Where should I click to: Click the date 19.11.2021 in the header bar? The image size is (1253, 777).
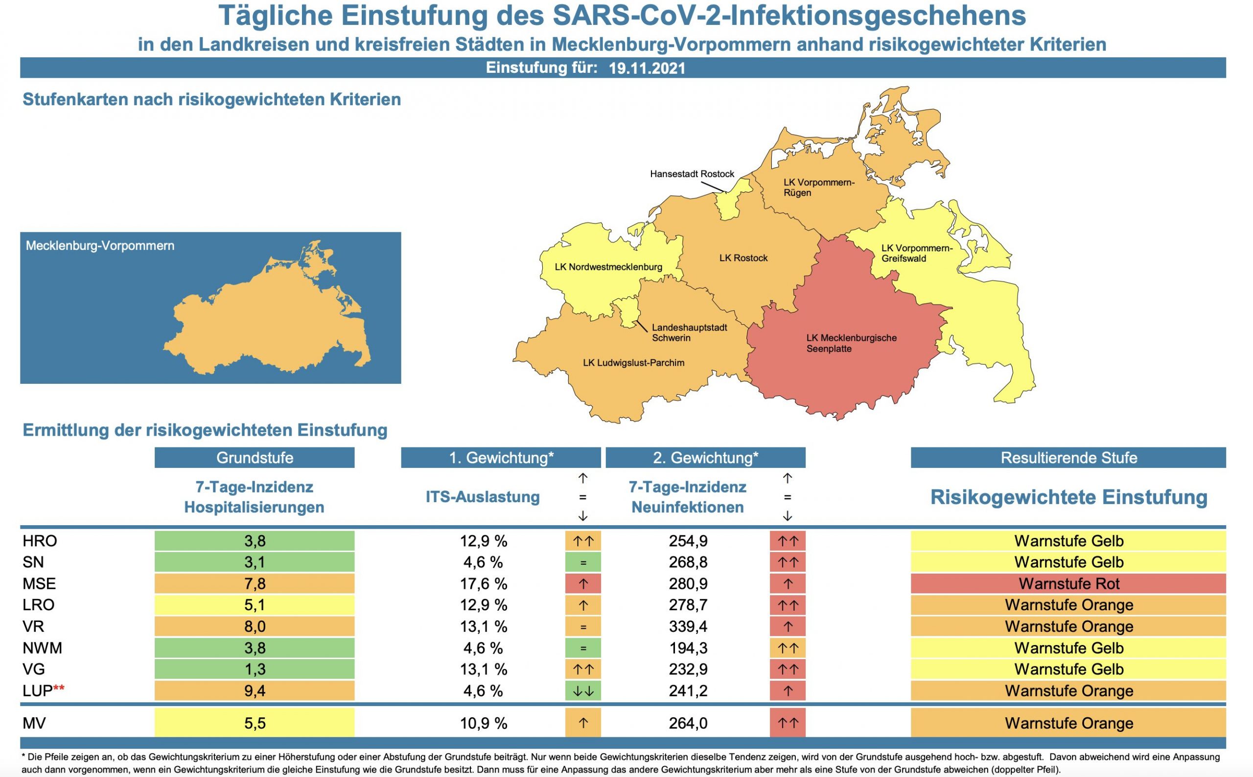[x=647, y=68]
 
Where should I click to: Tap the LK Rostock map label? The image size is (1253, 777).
[x=743, y=258]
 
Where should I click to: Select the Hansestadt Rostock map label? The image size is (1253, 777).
[x=692, y=174]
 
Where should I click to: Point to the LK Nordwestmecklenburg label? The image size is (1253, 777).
[x=608, y=267]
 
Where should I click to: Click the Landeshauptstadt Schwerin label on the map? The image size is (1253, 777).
[x=689, y=333]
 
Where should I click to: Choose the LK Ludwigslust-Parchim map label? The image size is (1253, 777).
[x=633, y=363]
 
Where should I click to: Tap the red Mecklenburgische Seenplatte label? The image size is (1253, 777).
[x=851, y=343]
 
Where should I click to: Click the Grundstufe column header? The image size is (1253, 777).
[x=255, y=458]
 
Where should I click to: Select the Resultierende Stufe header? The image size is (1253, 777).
[x=1068, y=458]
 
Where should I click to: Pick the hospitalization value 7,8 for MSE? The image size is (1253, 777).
[x=255, y=584]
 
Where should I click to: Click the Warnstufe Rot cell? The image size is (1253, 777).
[x=1068, y=584]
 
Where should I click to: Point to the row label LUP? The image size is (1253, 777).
[x=38, y=690]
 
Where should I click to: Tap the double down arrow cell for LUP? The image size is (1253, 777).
[x=583, y=691]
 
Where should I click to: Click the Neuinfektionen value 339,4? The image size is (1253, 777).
[x=688, y=626]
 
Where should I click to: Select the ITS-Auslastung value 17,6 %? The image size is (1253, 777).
[x=483, y=584]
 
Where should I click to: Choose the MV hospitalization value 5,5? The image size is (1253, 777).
[x=255, y=723]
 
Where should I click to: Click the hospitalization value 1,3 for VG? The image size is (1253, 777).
[x=255, y=669]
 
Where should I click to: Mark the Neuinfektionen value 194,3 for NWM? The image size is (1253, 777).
[x=688, y=648]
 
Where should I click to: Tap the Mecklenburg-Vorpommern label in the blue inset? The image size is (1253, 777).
[x=100, y=245]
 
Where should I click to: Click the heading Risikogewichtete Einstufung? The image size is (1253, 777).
[x=1068, y=497]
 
